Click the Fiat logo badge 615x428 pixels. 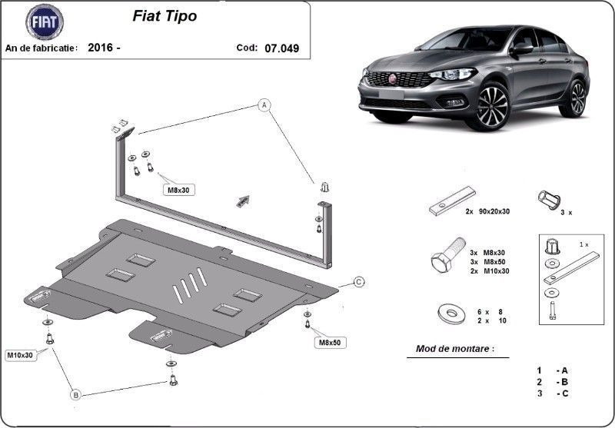[x=45, y=22]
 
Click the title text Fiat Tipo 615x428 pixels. [x=165, y=16]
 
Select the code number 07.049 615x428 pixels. [x=281, y=48]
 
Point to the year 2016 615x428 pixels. [x=101, y=48]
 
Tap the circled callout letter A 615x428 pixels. [x=264, y=105]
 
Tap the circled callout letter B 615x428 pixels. [x=75, y=394]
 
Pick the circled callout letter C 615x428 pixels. [x=359, y=282]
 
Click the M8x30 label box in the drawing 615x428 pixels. [x=179, y=190]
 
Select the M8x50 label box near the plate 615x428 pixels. [x=330, y=343]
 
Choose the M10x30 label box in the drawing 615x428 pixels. [x=22, y=355]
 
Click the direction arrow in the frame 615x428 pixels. [x=243, y=201]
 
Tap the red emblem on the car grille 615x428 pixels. [x=393, y=79]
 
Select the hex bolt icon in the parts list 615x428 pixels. [x=447, y=255]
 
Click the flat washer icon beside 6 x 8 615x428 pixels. [x=451, y=314]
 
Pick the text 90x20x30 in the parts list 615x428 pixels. [x=494, y=211]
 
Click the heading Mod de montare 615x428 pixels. [x=455, y=348]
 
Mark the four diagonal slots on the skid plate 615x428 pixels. [x=190, y=285]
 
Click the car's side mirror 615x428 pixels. [x=522, y=49]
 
